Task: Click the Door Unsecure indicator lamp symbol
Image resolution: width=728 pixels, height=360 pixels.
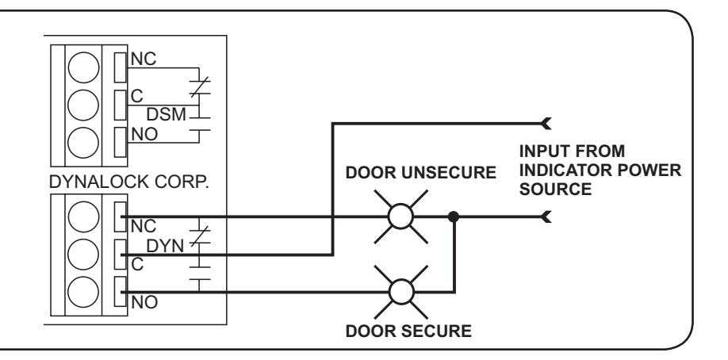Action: click(400, 216)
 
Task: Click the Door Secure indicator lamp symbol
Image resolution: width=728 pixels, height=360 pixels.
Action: click(401, 292)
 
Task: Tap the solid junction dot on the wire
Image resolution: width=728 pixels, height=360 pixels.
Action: click(454, 216)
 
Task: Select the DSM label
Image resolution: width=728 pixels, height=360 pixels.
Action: click(166, 114)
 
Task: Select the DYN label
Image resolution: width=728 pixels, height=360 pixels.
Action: click(165, 246)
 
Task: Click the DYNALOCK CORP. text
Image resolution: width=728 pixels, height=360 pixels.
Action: click(128, 182)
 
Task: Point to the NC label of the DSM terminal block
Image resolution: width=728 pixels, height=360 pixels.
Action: click(144, 59)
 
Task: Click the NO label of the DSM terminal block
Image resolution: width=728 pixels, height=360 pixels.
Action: click(144, 134)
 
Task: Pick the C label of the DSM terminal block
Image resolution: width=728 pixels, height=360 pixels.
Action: click(137, 96)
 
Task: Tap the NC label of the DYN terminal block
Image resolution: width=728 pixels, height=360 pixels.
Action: click(144, 226)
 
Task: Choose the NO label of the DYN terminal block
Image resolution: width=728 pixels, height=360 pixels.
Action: click(144, 302)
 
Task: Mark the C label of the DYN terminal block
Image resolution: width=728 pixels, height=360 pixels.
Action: click(137, 264)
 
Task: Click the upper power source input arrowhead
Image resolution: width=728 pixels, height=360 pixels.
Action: click(546, 124)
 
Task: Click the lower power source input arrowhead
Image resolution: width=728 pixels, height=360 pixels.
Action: click(546, 216)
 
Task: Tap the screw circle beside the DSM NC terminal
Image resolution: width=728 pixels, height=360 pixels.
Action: click(83, 67)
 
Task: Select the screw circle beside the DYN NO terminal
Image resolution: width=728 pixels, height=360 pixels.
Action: click(83, 292)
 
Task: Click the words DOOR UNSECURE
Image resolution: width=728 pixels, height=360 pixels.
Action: click(420, 172)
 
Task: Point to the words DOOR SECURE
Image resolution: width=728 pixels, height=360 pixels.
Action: click(408, 331)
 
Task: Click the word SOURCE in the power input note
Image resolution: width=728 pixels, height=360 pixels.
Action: click(555, 190)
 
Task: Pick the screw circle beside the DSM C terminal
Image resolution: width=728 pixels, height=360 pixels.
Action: click(83, 105)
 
